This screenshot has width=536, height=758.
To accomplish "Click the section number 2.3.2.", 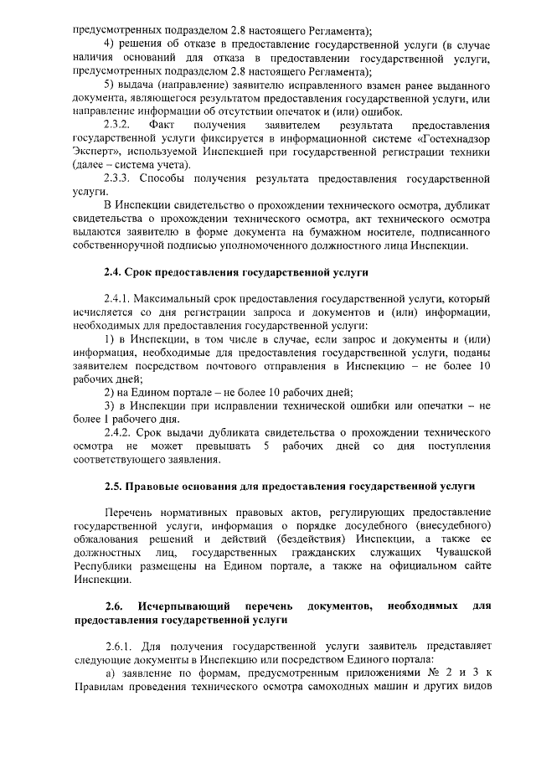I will coord(117,125).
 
